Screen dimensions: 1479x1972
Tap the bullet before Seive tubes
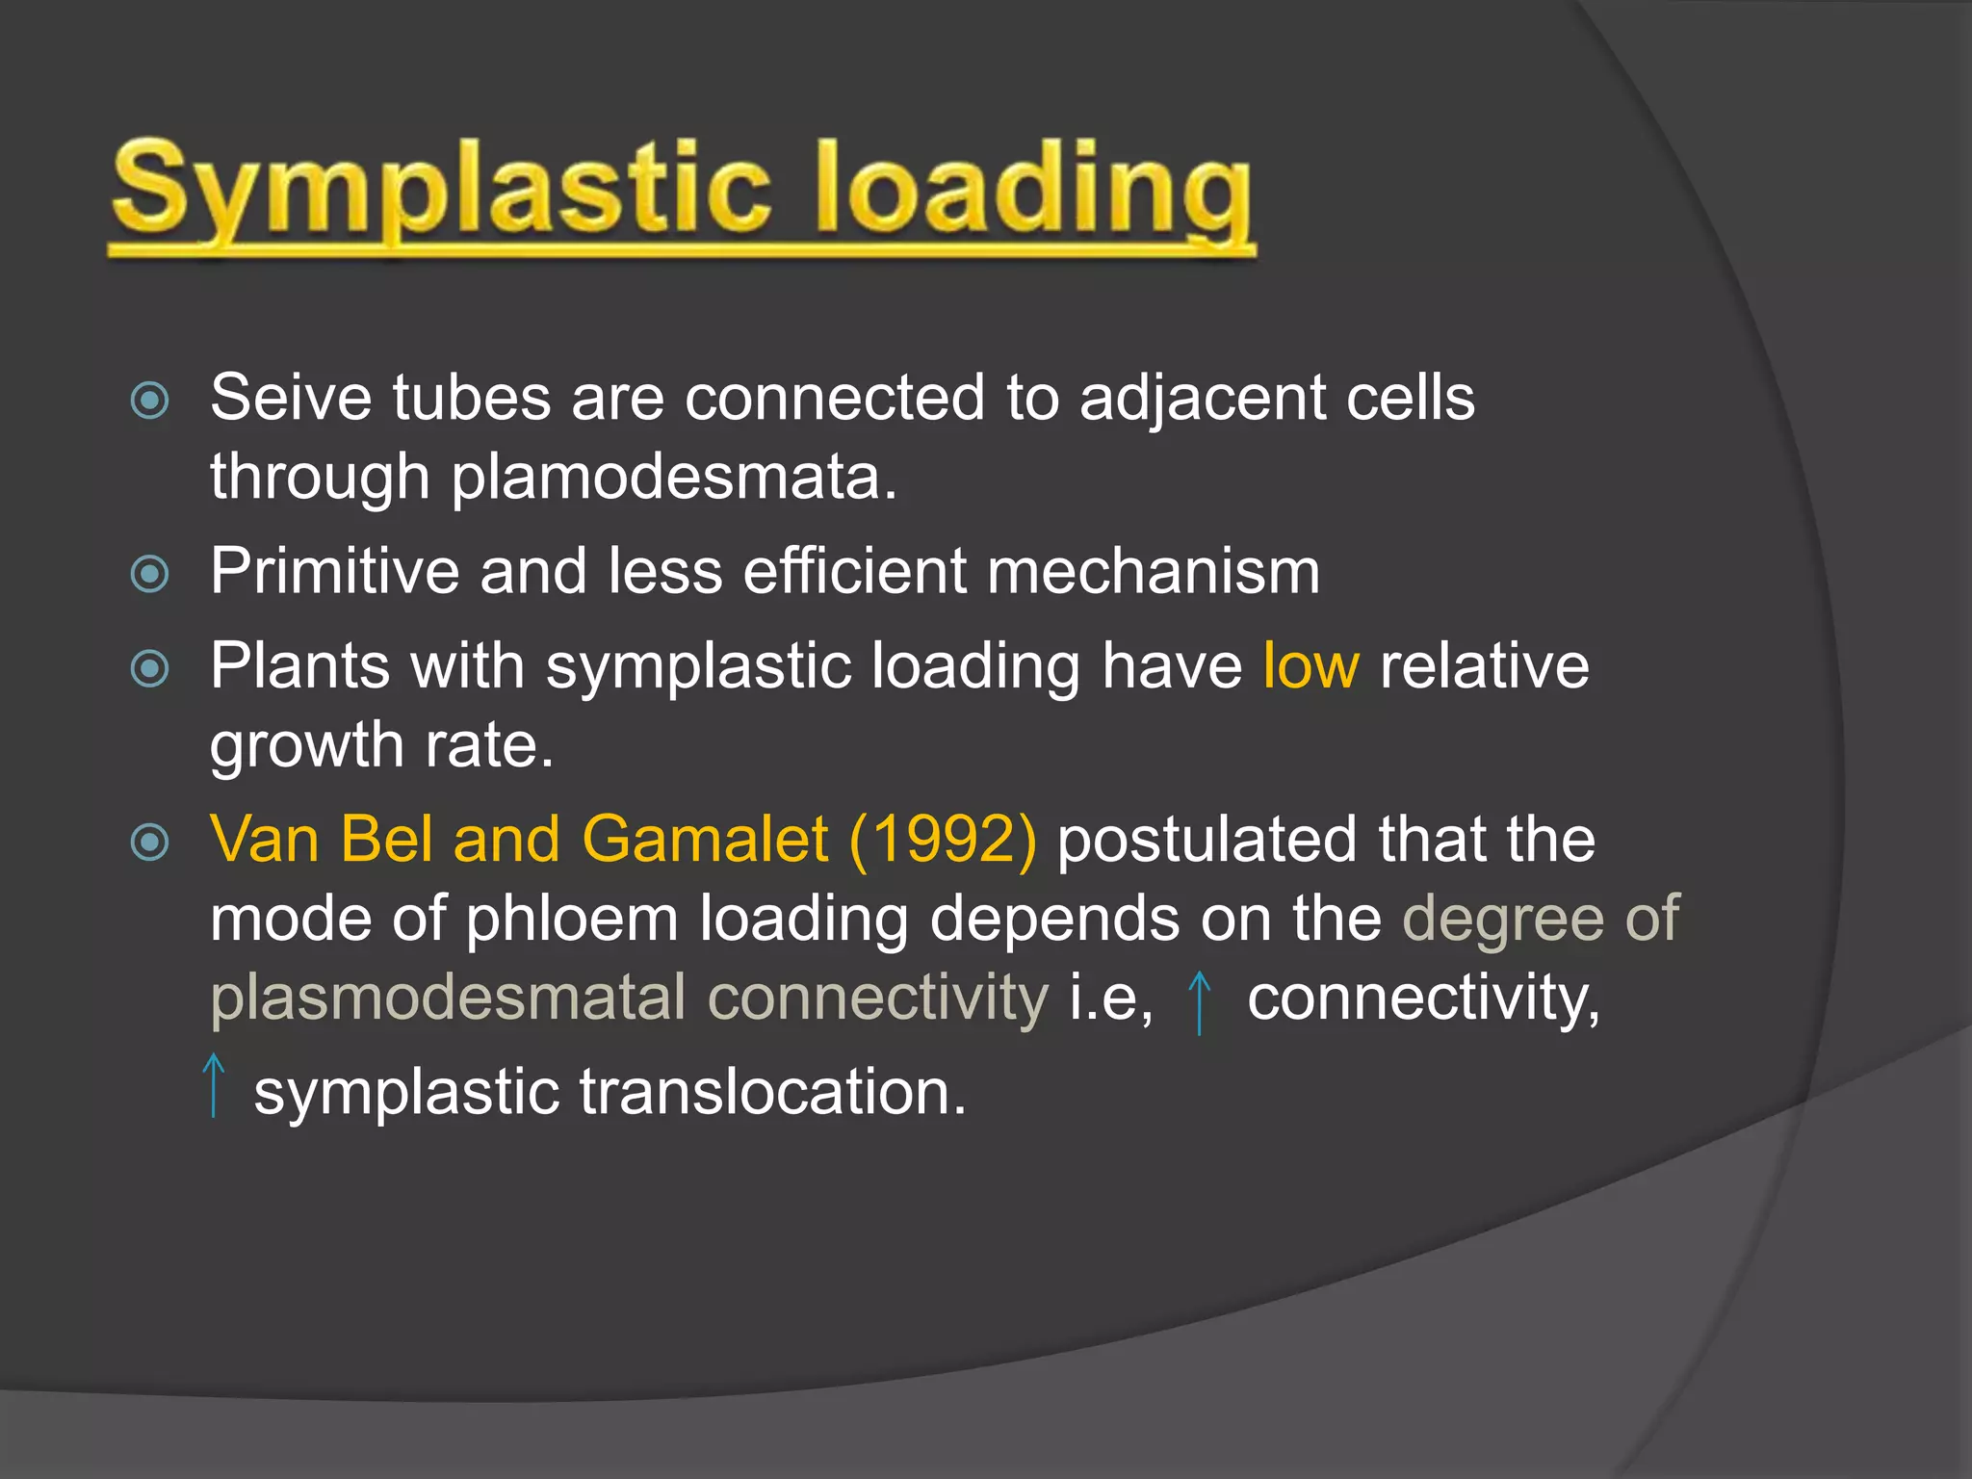tap(150, 401)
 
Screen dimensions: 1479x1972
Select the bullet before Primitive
tap(150, 574)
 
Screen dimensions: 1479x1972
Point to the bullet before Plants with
tap(150, 668)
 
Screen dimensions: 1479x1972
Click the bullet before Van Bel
tap(150, 842)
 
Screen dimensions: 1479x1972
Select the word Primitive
tap(334, 571)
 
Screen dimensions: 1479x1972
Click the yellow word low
tap(1310, 666)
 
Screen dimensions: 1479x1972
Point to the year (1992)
tap(943, 840)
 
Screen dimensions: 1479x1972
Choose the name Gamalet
tap(705, 840)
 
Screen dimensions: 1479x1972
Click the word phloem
tap(572, 920)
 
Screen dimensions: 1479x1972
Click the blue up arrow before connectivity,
tap(1199, 1001)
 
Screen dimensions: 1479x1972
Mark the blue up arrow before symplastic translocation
tap(214, 1085)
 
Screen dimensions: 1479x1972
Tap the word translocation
tap(772, 1094)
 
